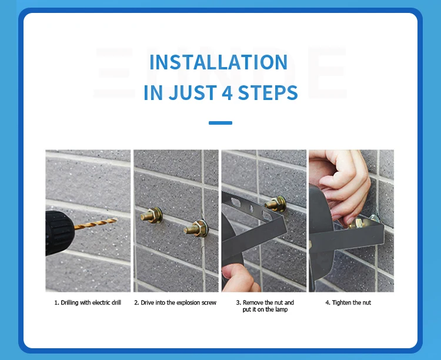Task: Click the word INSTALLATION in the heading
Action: tap(218, 62)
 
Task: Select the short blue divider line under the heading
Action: tap(220, 123)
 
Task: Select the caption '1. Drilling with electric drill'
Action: tap(88, 303)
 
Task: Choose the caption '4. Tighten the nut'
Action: tap(348, 303)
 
